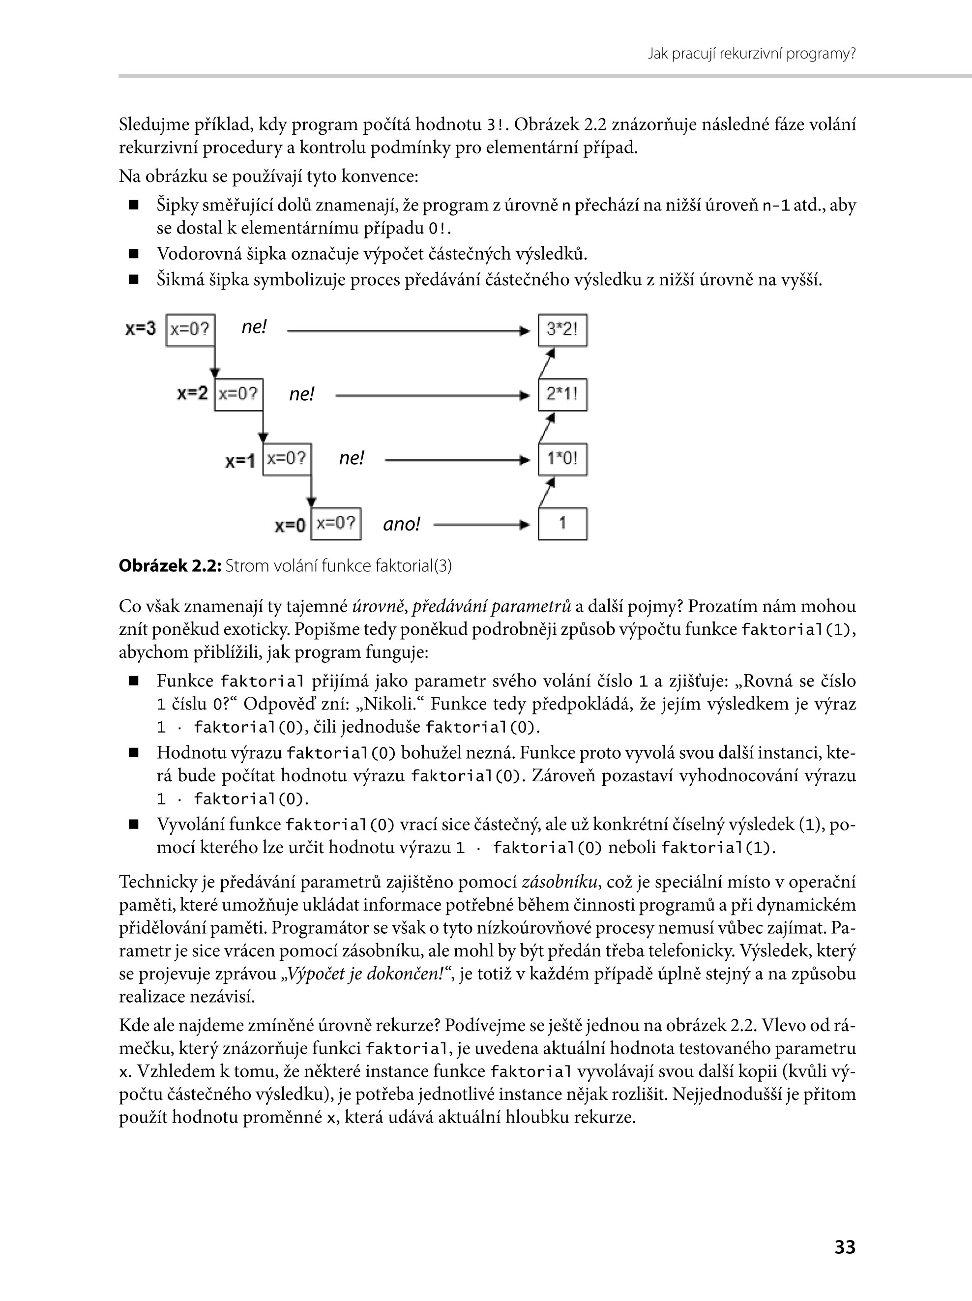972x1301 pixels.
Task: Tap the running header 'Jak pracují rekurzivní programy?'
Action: coord(751,54)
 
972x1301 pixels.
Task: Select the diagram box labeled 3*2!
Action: coord(562,330)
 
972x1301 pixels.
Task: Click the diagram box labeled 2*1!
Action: coord(562,395)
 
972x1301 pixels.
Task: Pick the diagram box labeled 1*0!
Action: coord(562,459)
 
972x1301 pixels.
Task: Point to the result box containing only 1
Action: coord(562,524)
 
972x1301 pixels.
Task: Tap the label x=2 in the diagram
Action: coord(192,393)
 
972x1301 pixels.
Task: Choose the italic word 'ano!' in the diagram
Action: coord(401,524)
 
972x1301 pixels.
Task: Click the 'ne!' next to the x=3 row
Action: coord(254,327)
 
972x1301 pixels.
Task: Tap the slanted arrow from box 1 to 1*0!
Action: coord(547,492)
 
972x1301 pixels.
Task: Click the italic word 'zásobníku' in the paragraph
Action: coord(559,882)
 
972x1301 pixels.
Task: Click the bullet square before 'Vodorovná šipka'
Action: coord(133,254)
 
